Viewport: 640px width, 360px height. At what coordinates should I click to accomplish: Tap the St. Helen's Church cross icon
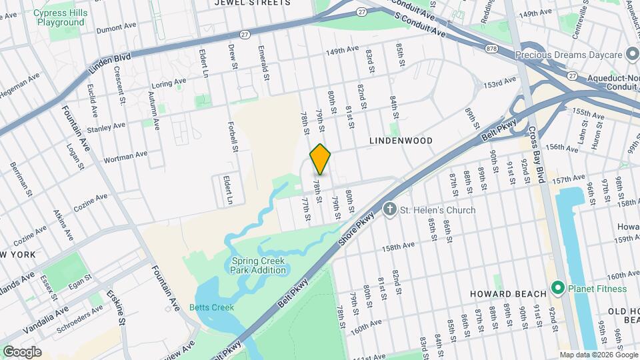click(391, 210)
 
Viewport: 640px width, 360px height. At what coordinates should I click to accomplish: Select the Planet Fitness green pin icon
click(558, 289)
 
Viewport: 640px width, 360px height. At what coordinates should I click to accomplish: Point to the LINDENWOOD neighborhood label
click(401, 141)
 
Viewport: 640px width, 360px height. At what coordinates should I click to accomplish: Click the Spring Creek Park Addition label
click(259, 265)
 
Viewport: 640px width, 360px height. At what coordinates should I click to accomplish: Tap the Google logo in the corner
click(21, 352)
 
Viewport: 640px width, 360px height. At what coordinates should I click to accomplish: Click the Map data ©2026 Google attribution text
click(598, 355)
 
